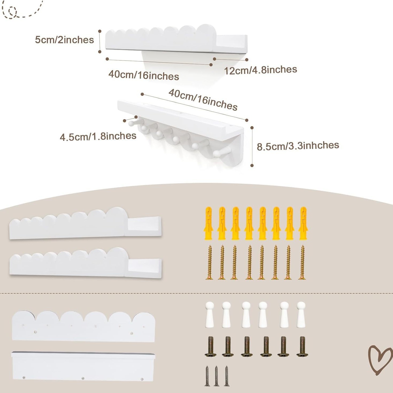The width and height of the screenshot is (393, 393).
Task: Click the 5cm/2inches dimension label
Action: tap(64, 40)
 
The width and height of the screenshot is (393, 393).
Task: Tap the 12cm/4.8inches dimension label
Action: tap(260, 70)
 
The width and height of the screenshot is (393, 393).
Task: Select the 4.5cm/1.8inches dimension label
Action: tap(98, 137)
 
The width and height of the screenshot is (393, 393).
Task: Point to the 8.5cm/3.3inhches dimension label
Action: tap(298, 146)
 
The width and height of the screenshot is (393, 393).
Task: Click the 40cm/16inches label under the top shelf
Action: tap(144, 75)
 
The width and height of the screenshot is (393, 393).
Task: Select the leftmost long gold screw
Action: tap(210, 263)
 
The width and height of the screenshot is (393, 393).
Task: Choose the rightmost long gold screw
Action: tap(302, 263)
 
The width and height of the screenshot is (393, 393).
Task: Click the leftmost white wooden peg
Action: tap(210, 315)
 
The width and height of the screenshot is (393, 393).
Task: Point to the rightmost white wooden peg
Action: tap(301, 315)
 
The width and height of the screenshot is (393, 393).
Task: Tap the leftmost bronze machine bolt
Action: tap(210, 346)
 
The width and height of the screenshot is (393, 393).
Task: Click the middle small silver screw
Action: tap(216, 376)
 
